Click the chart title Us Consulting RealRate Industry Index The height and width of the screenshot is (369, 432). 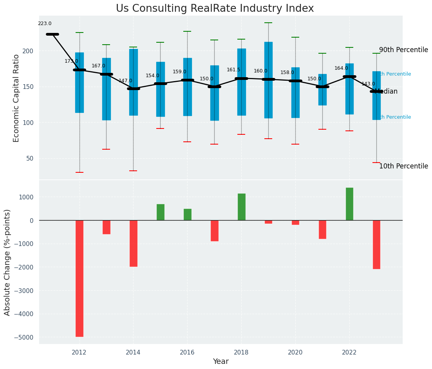point(215,9)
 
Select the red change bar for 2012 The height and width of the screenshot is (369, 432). point(80,278)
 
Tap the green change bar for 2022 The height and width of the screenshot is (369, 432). point(349,204)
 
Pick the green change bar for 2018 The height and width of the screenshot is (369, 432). point(241,207)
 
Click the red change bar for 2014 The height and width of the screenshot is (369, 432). point(133,243)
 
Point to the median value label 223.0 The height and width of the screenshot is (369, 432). point(45,24)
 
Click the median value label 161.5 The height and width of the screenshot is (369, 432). point(233,70)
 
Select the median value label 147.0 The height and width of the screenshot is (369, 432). point(125,81)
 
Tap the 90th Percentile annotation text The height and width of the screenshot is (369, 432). point(403,50)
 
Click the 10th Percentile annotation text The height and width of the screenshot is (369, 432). point(403,166)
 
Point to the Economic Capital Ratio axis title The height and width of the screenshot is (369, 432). point(16,98)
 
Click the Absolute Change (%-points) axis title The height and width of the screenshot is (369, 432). point(7,262)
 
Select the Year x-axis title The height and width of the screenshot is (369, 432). point(221,362)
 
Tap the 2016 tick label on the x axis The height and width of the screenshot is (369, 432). point(187,352)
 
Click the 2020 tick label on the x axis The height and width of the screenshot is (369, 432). point(295,352)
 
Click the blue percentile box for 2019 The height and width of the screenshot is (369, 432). point(268,80)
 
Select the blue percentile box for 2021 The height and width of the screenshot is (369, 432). point(322,89)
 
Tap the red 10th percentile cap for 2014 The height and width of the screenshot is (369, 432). point(133,171)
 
